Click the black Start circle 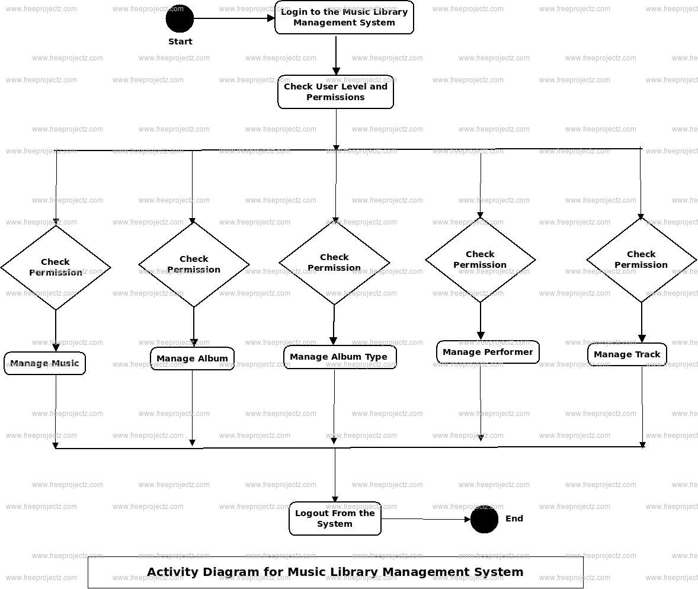(x=180, y=18)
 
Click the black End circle (x=484, y=520)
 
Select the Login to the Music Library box (x=344, y=17)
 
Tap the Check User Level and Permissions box (x=335, y=92)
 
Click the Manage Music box (x=44, y=363)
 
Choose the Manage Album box (x=192, y=358)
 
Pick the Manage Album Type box (x=339, y=357)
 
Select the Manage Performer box (x=488, y=352)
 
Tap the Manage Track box (x=627, y=354)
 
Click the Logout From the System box (x=335, y=518)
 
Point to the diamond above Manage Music (x=56, y=267)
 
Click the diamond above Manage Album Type (x=334, y=263)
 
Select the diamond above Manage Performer (x=481, y=260)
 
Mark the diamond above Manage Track (x=641, y=260)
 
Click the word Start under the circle (x=180, y=41)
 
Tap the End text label (x=514, y=518)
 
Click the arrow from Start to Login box (x=234, y=18)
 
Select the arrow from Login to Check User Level (x=336, y=55)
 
